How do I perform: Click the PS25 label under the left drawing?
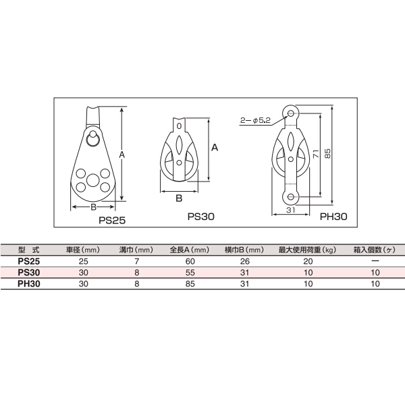click(x=112, y=220)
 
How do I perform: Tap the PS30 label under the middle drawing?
click(x=201, y=217)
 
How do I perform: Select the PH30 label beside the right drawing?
click(x=333, y=217)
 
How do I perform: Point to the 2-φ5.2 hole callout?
click(x=255, y=120)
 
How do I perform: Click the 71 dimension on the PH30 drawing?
click(x=316, y=154)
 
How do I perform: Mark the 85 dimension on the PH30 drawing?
click(x=327, y=153)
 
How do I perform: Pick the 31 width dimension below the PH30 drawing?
click(x=290, y=210)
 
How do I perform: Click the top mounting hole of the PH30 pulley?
click(x=290, y=113)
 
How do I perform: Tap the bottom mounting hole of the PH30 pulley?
click(x=290, y=197)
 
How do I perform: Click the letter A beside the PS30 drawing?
click(x=215, y=148)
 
